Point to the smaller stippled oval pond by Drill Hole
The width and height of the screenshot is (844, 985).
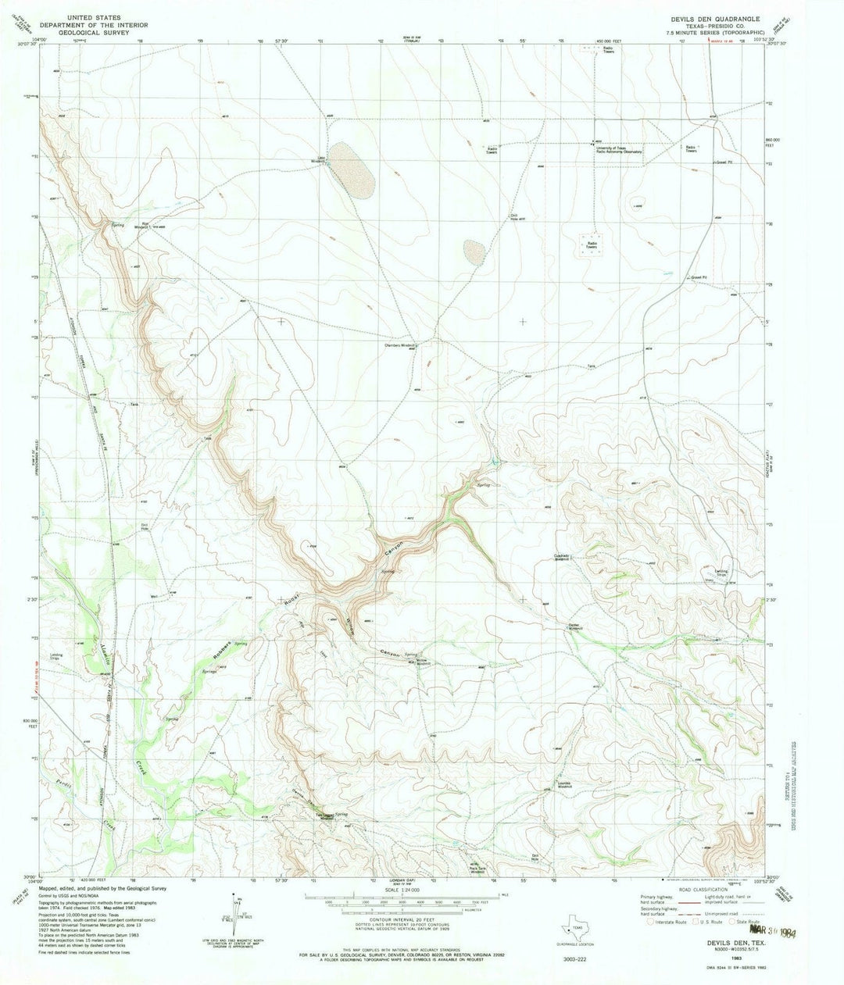pyautogui.click(x=474, y=251)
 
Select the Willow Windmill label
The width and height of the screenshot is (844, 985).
pyautogui.click(x=420, y=662)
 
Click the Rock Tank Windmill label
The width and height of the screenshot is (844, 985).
pyautogui.click(x=477, y=867)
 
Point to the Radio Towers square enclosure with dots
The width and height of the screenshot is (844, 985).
pyautogui.click(x=592, y=243)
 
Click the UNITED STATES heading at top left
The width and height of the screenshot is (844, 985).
pyautogui.click(x=88, y=16)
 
